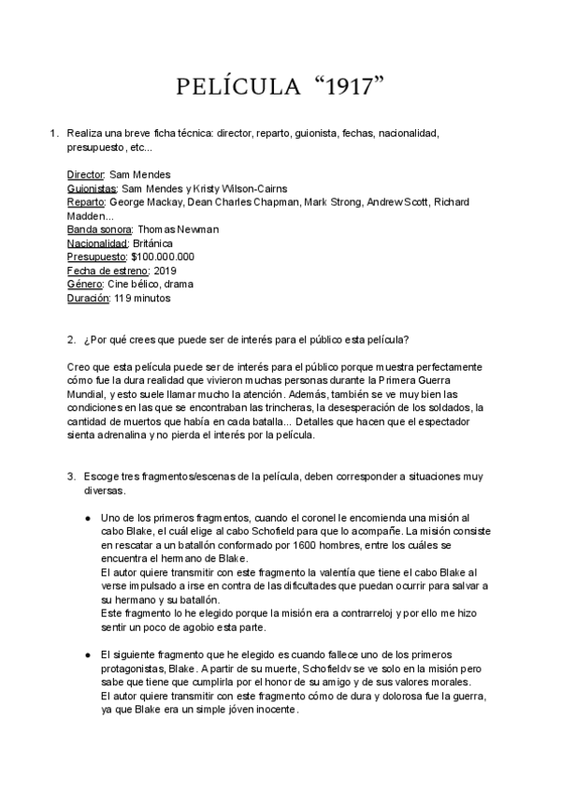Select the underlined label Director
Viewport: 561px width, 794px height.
(x=86, y=174)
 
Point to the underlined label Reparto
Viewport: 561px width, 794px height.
(x=87, y=201)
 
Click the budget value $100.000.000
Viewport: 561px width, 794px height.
(x=163, y=257)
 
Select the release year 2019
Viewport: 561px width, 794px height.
(x=164, y=271)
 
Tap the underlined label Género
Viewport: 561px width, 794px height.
(x=82, y=285)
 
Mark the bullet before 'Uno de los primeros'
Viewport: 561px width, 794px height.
(x=86, y=518)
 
